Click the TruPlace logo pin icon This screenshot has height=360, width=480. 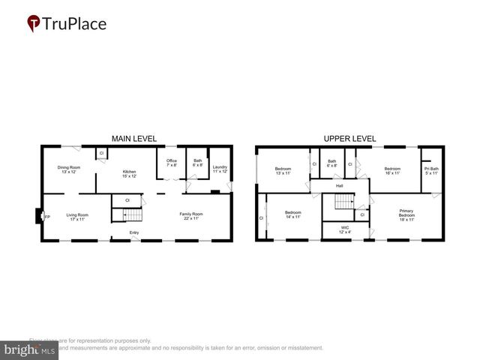[34, 24]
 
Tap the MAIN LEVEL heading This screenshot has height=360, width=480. [134, 139]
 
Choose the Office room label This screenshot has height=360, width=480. [171, 162]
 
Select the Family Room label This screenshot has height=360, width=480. [191, 216]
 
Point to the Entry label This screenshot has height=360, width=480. [134, 232]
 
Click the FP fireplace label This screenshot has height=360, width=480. [46, 217]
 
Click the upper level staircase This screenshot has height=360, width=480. [343, 202]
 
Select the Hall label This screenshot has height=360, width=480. [339, 186]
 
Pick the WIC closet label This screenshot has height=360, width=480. [344, 229]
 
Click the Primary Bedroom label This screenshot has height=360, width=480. [406, 214]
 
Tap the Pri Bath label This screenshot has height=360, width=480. [430, 170]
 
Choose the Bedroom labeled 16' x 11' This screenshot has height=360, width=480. [392, 170]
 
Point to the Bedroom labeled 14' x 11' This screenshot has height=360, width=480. [292, 214]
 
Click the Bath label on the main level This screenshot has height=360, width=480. [197, 162]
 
